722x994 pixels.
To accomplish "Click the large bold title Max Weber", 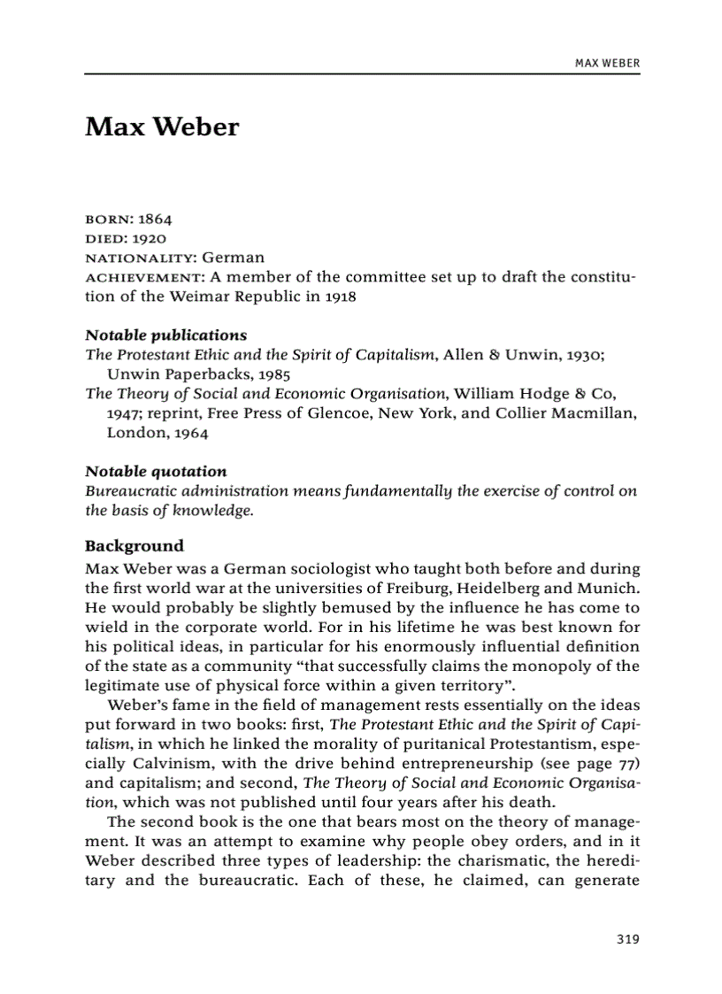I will click(162, 127).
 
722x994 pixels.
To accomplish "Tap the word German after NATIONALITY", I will click(233, 258).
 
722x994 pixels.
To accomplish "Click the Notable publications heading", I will click(165, 335).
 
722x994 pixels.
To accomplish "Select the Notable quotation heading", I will click(156, 471).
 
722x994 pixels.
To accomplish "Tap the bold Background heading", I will click(134, 545).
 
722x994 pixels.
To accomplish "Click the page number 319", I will click(627, 939).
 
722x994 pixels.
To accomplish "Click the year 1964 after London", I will click(191, 433).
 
